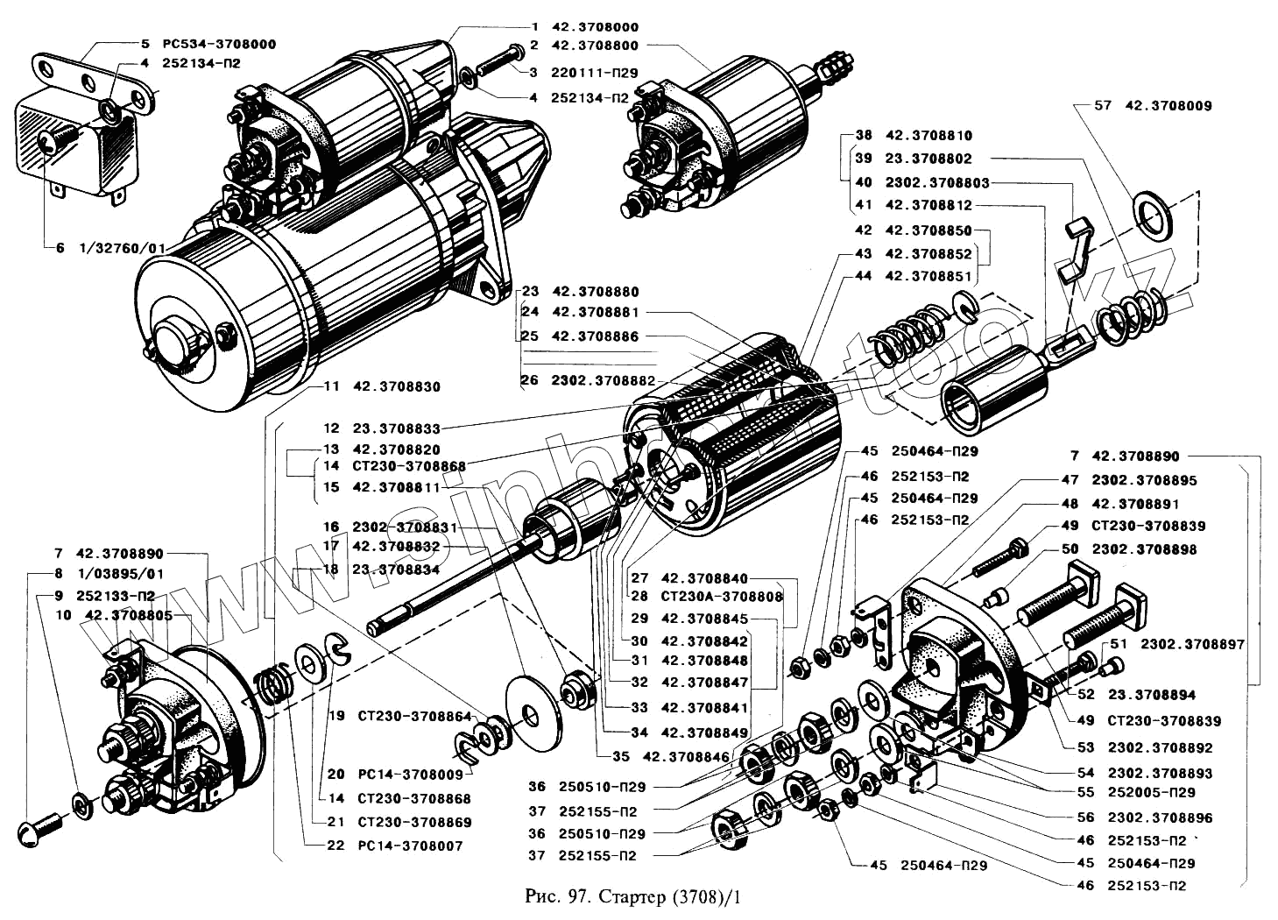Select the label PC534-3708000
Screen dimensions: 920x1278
(221, 43)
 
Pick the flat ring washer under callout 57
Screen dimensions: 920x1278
(1155, 212)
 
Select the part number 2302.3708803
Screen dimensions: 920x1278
(937, 182)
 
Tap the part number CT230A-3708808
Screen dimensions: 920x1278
(722, 597)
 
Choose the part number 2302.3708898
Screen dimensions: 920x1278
(1144, 549)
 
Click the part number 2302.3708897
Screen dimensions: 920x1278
(1192, 644)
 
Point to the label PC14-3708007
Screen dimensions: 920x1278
(410, 846)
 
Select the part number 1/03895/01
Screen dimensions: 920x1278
(121, 574)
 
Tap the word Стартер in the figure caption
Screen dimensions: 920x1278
(632, 897)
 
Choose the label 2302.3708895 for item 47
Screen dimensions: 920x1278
(1144, 480)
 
